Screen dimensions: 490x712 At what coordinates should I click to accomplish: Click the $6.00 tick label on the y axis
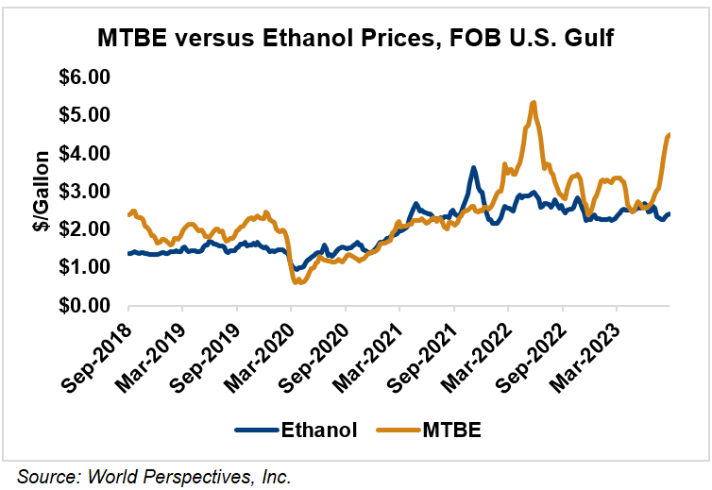pos(86,76)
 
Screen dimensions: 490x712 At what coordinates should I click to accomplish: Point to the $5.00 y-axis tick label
pos(86,114)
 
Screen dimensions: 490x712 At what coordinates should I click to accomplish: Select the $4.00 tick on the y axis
pos(86,153)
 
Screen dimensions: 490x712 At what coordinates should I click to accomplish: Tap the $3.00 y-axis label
pos(86,192)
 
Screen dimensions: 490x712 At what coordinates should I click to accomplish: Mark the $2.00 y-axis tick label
pos(86,229)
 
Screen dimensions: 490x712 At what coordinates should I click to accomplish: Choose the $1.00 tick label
pos(86,268)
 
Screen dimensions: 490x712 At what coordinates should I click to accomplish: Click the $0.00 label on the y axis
pos(86,306)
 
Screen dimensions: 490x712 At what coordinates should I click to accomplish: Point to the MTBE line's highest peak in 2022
pos(534,102)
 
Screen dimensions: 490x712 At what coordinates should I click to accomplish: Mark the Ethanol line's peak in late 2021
pos(474,168)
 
